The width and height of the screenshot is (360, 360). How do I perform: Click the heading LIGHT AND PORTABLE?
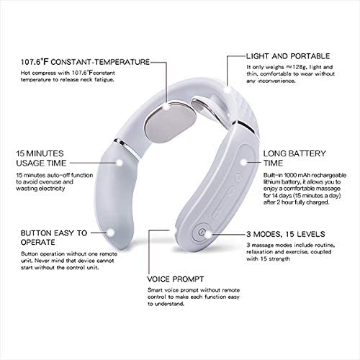point(288,56)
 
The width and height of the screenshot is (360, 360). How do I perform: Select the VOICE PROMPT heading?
point(176,279)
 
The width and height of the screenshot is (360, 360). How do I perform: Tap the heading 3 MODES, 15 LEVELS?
point(286,234)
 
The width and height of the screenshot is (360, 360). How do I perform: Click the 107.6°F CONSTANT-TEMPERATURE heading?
point(85,62)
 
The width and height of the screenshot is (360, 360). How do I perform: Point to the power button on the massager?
point(202,232)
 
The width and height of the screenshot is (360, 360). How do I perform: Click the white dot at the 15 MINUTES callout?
point(119,163)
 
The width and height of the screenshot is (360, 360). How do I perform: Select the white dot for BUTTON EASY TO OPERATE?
point(111,233)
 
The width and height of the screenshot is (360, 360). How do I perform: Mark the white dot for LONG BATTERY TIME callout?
point(243,162)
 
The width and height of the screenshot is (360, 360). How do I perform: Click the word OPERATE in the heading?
point(38,242)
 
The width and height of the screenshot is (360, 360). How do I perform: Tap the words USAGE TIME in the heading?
point(41,163)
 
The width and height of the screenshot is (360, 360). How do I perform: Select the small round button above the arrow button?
point(238,177)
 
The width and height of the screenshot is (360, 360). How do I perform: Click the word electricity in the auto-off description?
point(52,189)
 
